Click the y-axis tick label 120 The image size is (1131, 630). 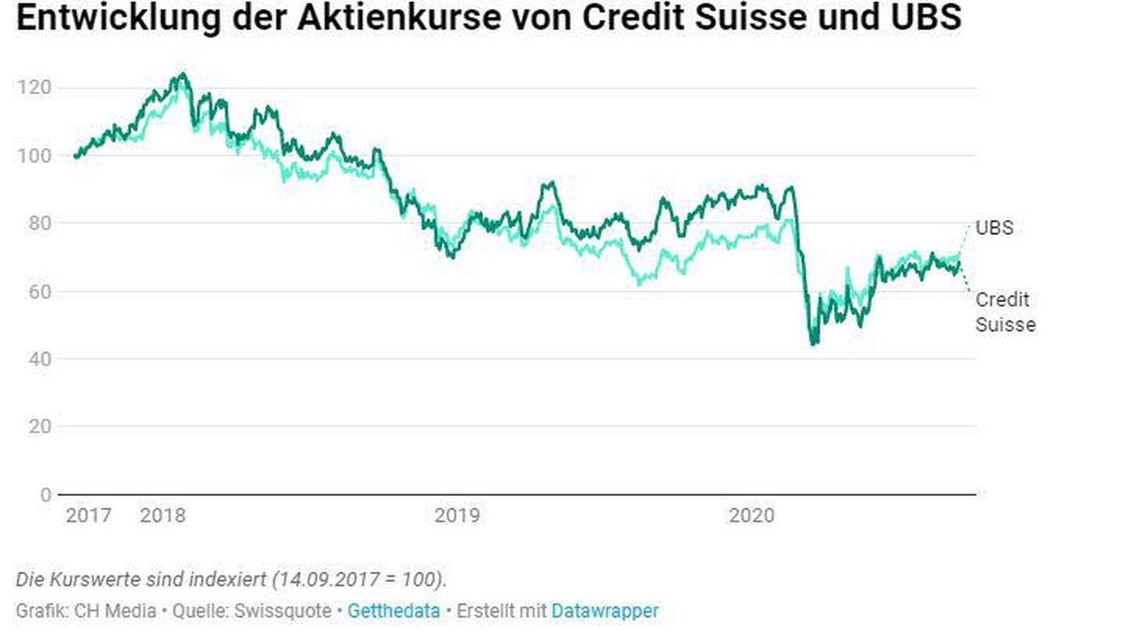[34, 88]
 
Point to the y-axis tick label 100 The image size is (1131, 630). [34, 155]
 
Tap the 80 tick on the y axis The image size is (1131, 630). [40, 223]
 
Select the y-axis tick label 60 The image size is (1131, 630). [40, 292]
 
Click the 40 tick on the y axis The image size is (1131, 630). [40, 359]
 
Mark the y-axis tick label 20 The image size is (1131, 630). [40, 427]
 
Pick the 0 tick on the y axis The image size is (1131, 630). [46, 495]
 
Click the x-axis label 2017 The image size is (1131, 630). [88, 516]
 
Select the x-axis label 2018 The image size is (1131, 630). [163, 516]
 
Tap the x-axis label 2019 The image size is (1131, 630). [457, 516]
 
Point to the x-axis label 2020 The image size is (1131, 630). [752, 516]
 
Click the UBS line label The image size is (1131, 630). [994, 228]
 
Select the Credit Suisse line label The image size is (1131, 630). [1005, 312]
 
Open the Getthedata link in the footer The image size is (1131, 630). [393, 611]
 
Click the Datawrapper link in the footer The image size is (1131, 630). [605, 611]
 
